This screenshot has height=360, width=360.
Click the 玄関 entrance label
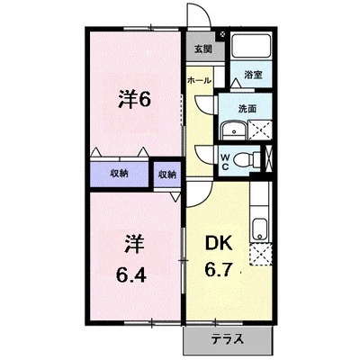(203, 49)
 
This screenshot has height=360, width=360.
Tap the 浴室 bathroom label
(254, 75)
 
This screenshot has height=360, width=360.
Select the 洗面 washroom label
(247, 109)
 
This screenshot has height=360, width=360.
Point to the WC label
(225, 162)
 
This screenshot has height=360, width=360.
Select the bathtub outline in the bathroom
(251, 46)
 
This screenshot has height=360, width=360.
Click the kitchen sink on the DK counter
(260, 229)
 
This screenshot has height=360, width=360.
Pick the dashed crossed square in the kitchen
(261, 254)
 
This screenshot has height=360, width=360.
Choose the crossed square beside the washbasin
(260, 130)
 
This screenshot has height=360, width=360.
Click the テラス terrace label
(227, 339)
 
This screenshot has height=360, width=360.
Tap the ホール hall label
(199, 80)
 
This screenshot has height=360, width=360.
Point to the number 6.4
(131, 274)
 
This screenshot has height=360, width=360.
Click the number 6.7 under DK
(219, 268)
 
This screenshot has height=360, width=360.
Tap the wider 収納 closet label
(119, 174)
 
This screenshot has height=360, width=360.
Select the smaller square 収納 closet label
(167, 175)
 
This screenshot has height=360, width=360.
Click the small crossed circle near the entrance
(222, 34)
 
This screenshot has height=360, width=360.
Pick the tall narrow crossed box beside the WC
(269, 159)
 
